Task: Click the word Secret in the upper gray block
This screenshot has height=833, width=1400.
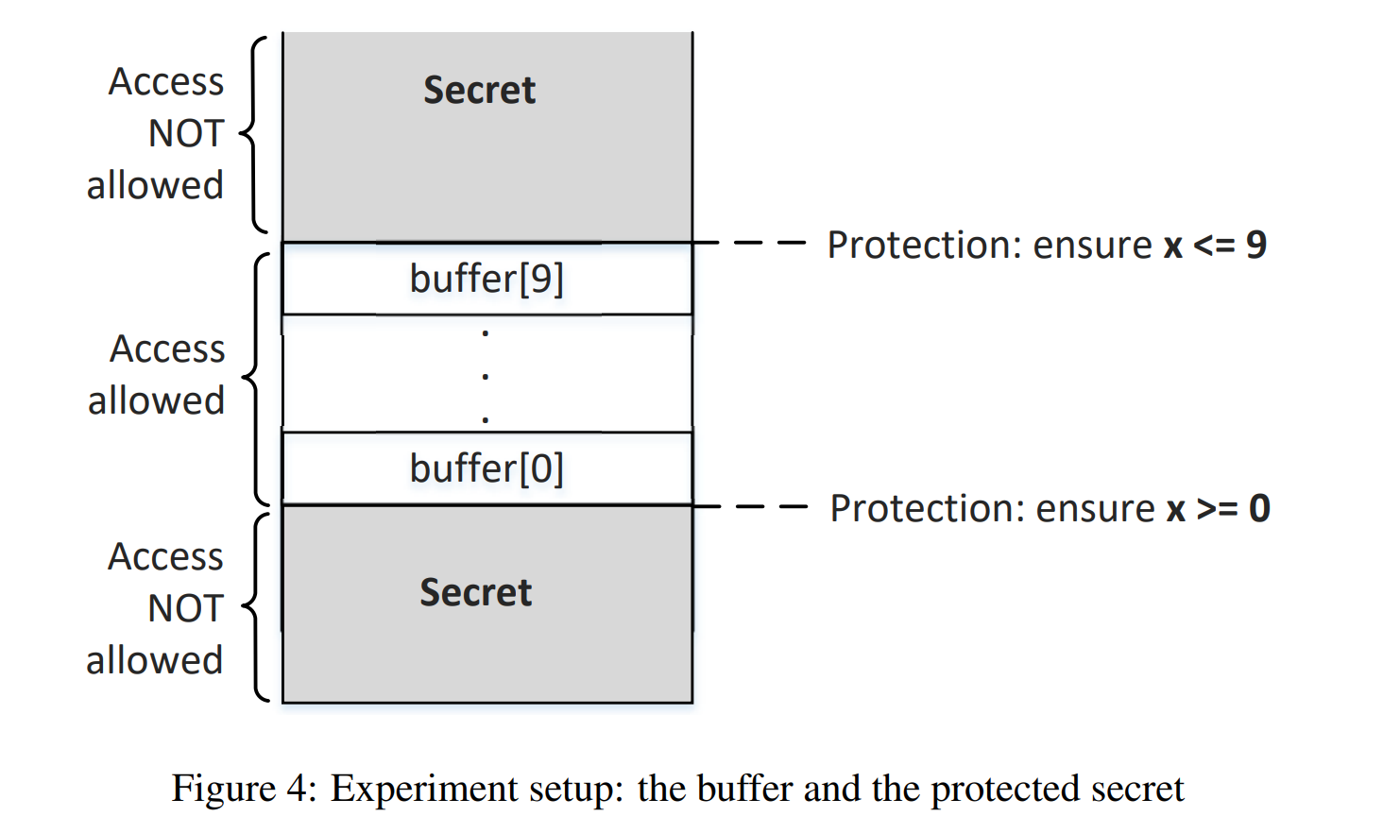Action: (479, 91)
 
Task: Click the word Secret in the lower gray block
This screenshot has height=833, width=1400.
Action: (476, 593)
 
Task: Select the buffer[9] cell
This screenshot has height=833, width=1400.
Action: (487, 280)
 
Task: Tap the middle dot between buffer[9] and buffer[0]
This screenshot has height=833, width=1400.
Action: (486, 377)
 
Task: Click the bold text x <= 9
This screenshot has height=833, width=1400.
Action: (1215, 246)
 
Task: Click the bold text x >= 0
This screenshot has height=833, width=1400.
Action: (1218, 509)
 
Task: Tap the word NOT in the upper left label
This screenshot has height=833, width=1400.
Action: (186, 134)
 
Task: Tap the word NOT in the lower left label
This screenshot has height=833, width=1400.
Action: (186, 609)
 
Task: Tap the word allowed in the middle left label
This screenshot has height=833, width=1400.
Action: (156, 401)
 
